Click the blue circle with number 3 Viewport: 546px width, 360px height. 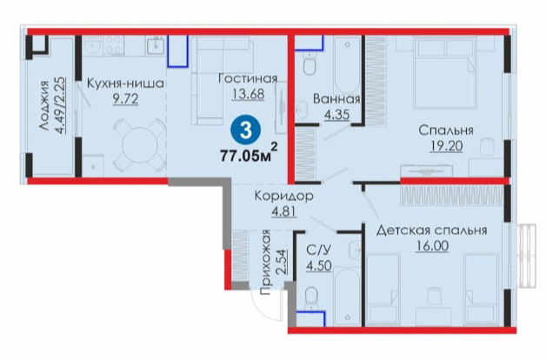click(246, 130)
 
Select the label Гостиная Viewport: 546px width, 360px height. click(248, 78)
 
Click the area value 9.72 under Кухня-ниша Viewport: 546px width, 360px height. click(125, 99)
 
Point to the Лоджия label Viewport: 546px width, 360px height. click(44, 105)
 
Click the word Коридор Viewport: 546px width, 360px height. click(283, 196)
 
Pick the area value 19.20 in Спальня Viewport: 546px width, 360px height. click(446, 146)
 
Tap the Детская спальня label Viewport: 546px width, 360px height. click(431, 230)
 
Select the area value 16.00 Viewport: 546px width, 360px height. click(432, 246)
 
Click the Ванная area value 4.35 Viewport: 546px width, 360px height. click(336, 114)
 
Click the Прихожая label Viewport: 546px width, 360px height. click(265, 262)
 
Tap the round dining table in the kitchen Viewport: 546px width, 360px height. click(140, 145)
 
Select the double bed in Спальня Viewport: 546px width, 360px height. click(444, 72)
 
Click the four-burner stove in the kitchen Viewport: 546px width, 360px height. click(114, 45)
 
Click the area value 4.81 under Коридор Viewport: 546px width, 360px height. click(284, 211)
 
